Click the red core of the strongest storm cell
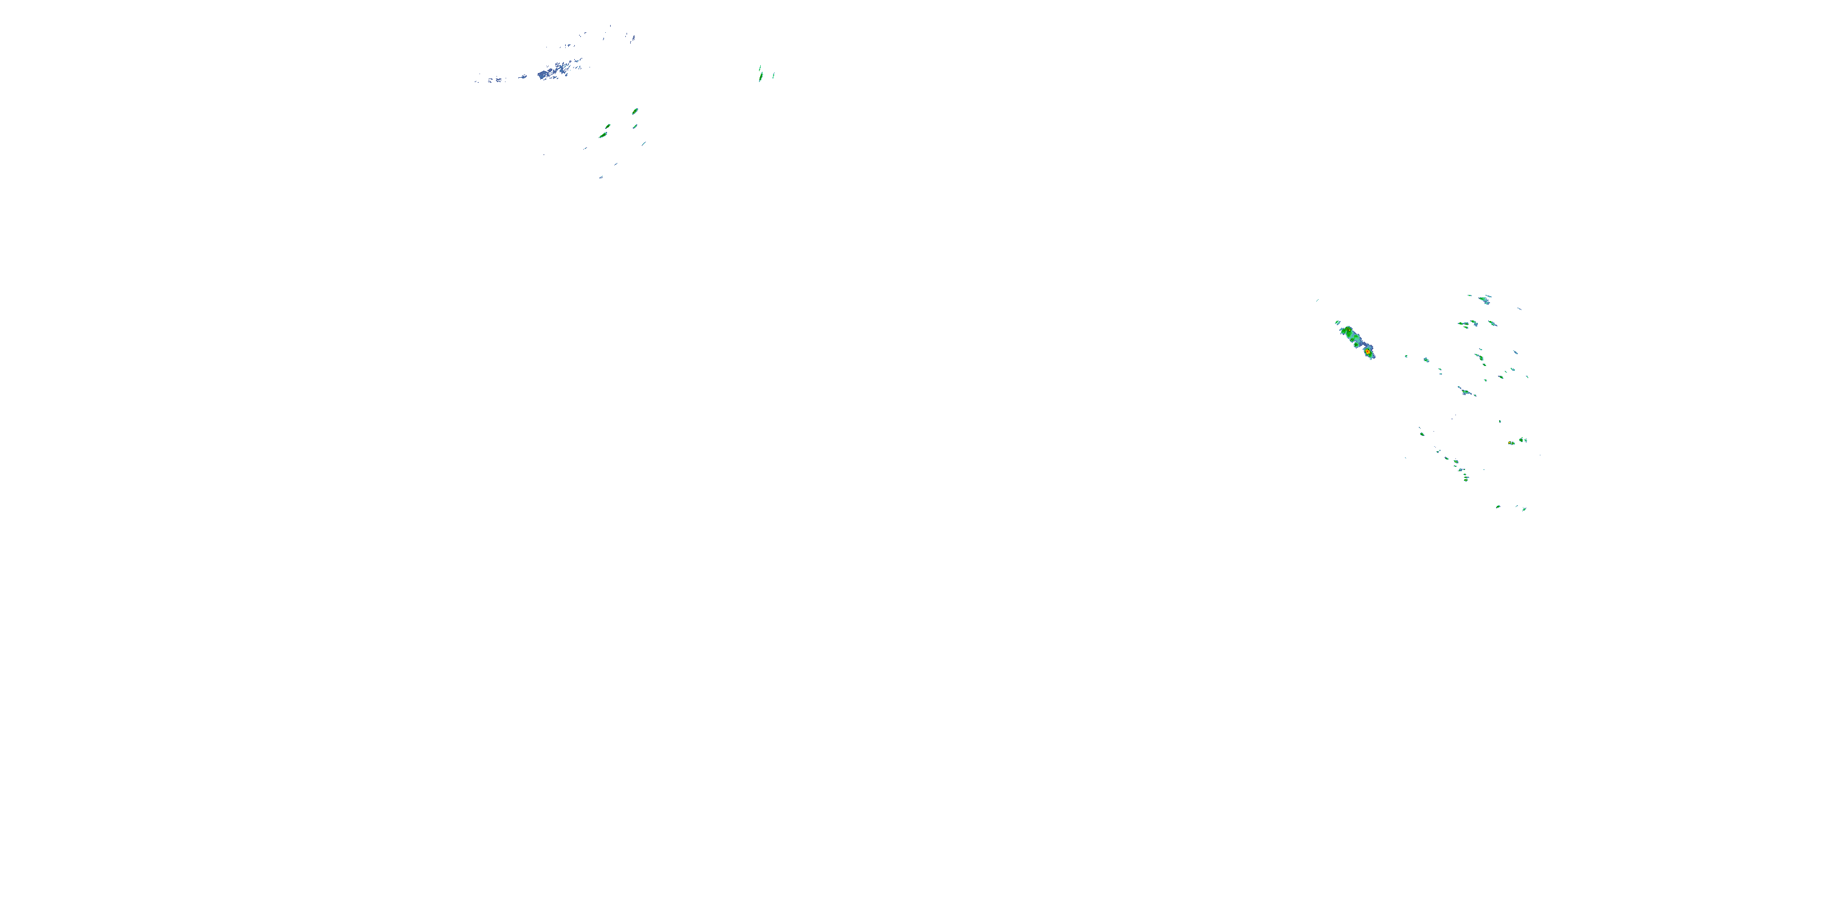(x=1368, y=351)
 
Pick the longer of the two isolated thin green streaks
(x=760, y=74)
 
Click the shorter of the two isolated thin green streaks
(x=773, y=75)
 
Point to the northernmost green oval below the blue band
(x=635, y=111)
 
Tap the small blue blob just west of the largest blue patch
(x=523, y=77)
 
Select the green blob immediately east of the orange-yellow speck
(x=1523, y=440)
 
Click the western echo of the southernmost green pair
(x=1498, y=506)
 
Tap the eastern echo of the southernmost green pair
(x=1523, y=508)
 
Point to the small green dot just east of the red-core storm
(x=1406, y=356)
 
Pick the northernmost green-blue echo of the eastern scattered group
(x=1485, y=298)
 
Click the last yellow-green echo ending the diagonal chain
(x=1466, y=478)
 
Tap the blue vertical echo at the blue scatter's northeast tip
(x=633, y=38)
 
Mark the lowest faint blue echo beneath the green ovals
(x=601, y=177)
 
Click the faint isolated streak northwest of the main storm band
(x=1316, y=300)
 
